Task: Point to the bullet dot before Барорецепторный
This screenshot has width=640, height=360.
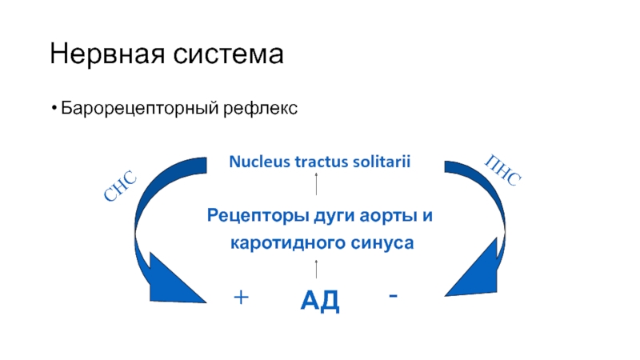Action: [53, 108]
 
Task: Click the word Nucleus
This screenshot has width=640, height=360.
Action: [257, 162]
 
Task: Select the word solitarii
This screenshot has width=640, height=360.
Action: [379, 162]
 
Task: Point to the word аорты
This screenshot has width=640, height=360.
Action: [389, 215]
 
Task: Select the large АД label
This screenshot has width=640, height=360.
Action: [320, 301]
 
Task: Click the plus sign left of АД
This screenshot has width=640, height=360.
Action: [241, 298]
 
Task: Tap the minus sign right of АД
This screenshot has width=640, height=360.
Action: [393, 295]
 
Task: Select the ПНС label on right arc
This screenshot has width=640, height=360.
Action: [503, 171]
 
